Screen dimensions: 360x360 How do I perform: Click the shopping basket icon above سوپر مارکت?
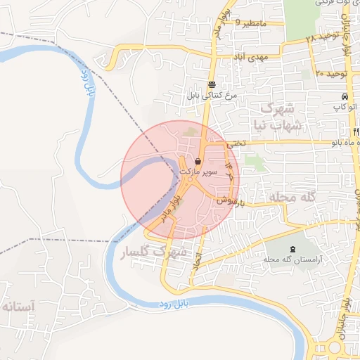point(200,162)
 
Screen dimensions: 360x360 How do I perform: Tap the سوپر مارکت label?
point(199,172)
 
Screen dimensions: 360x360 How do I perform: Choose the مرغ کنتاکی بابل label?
point(212,94)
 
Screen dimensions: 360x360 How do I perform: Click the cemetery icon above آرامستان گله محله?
point(292,250)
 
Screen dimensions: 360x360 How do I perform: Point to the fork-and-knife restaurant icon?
point(356,131)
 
